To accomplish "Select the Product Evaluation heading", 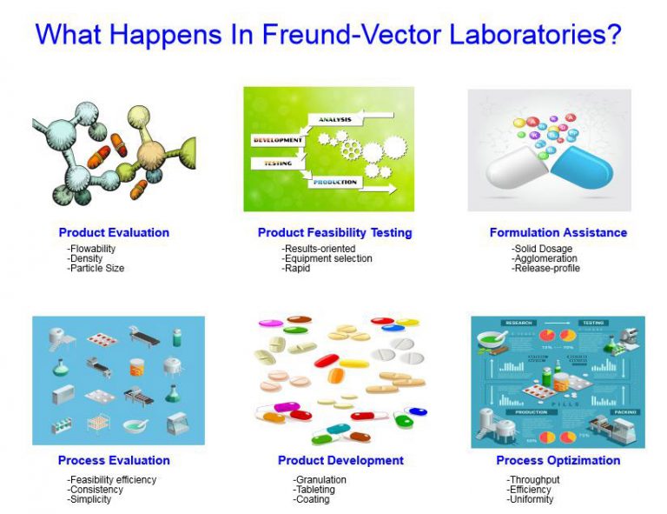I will click(x=114, y=232).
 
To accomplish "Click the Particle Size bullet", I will click(x=96, y=268).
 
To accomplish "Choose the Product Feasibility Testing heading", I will click(x=334, y=232).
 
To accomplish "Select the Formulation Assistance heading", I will click(x=558, y=232).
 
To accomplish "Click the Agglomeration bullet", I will click(x=545, y=258).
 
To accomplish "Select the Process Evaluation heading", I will click(x=114, y=460).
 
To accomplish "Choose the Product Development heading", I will click(x=340, y=460).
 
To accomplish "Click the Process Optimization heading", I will click(x=558, y=460).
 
